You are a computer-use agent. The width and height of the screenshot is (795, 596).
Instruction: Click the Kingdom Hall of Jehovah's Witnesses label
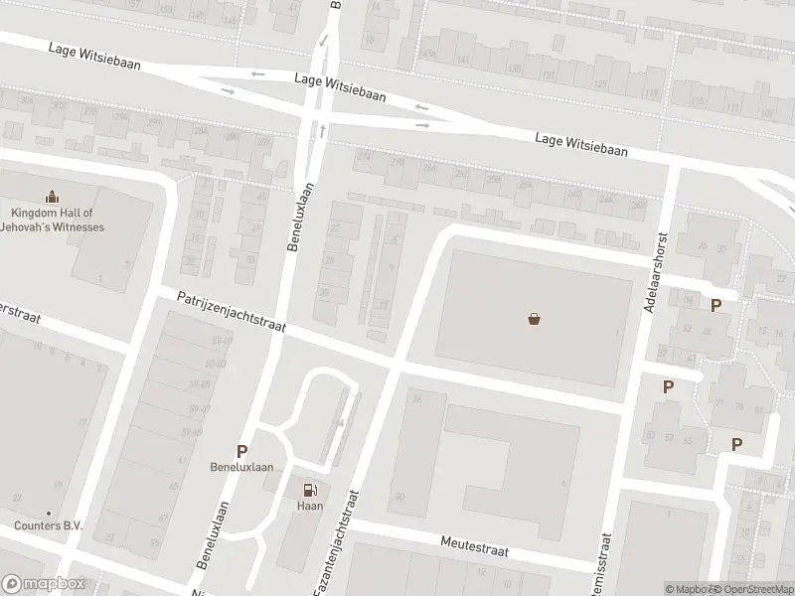coord(57,220)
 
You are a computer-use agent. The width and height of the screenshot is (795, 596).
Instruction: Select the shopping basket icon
coord(535,320)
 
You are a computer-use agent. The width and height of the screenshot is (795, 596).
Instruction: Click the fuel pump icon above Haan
coord(310,489)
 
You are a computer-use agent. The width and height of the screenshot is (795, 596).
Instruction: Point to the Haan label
coord(310,506)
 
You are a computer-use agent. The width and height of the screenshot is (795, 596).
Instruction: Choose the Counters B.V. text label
coord(48,525)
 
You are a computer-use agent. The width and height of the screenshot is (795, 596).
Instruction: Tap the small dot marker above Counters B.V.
coord(48,514)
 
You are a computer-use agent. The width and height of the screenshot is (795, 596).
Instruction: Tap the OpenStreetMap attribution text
coord(755,589)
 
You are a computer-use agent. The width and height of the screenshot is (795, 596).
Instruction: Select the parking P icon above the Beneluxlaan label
coord(241,452)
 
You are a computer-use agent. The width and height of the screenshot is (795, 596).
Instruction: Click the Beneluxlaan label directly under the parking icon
coord(241,468)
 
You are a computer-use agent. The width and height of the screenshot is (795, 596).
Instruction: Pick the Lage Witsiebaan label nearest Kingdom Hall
coord(94,57)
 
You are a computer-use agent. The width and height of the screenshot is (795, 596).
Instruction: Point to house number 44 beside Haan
coord(340,423)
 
